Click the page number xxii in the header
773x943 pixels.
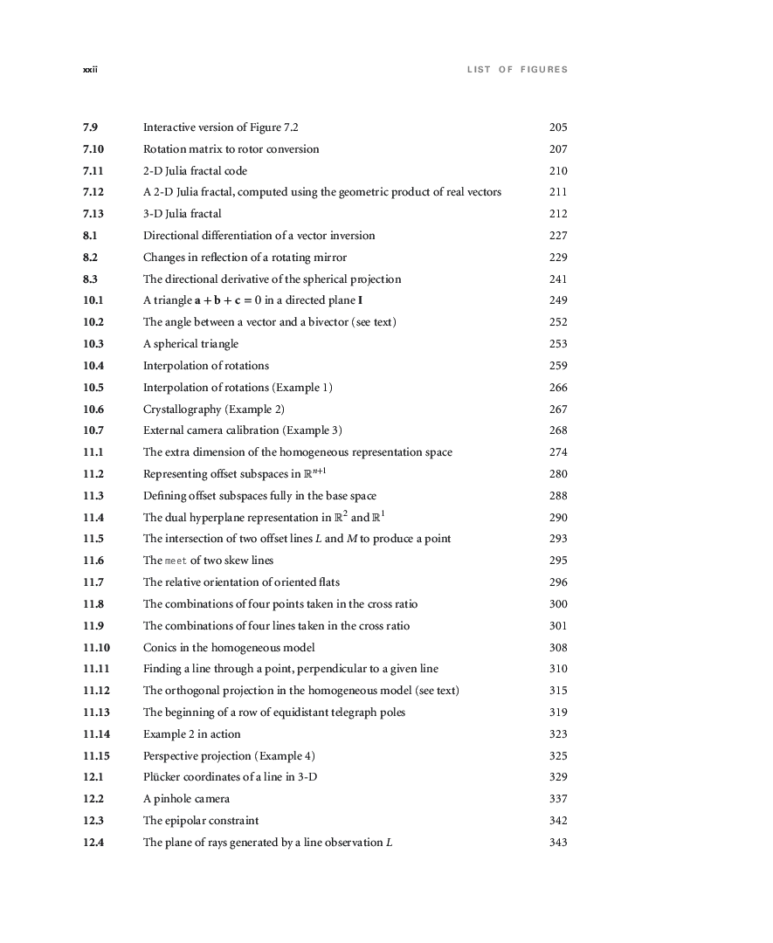(89, 70)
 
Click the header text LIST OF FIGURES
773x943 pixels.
(517, 70)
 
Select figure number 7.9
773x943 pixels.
(90, 127)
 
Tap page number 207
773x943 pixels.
(558, 149)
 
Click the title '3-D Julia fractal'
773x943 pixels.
(183, 214)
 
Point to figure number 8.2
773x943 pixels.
(90, 258)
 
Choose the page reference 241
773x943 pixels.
(558, 279)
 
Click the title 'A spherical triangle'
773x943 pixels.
(190, 344)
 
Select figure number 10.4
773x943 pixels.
(93, 366)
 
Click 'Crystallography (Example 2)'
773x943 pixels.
(214, 410)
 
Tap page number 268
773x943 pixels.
(558, 430)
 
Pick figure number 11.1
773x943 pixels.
(93, 452)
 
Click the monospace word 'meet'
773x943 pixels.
(176, 561)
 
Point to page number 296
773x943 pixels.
(558, 582)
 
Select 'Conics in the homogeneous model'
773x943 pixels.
(229, 648)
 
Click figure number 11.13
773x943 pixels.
(96, 712)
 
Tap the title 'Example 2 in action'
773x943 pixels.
(191, 734)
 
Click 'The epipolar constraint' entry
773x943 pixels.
(201, 821)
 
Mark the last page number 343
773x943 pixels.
(558, 843)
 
